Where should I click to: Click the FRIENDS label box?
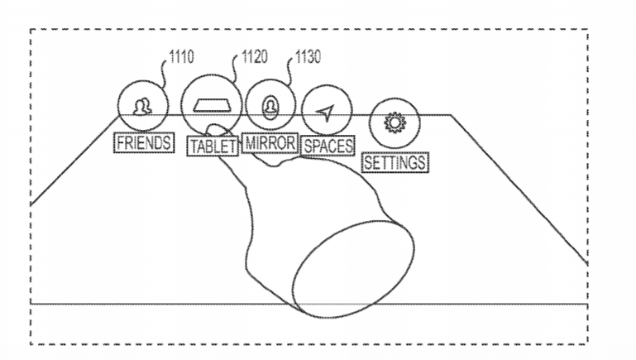144,143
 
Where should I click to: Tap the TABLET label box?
213,146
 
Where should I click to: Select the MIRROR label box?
270,143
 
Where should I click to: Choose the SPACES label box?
328,146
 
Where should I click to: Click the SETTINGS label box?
395,163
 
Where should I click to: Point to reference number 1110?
181,57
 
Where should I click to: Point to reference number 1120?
255,57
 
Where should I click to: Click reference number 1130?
308,57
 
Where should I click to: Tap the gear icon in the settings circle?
395,122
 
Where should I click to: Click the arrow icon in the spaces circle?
326,113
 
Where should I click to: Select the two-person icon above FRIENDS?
142,107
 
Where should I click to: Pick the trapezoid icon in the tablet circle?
212,106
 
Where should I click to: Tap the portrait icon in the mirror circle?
270,108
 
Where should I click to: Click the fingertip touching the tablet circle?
216,130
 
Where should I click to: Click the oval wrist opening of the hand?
354,269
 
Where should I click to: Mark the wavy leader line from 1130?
289,71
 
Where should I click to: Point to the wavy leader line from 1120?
235,69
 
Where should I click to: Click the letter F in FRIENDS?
121,143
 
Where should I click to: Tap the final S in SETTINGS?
421,163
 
